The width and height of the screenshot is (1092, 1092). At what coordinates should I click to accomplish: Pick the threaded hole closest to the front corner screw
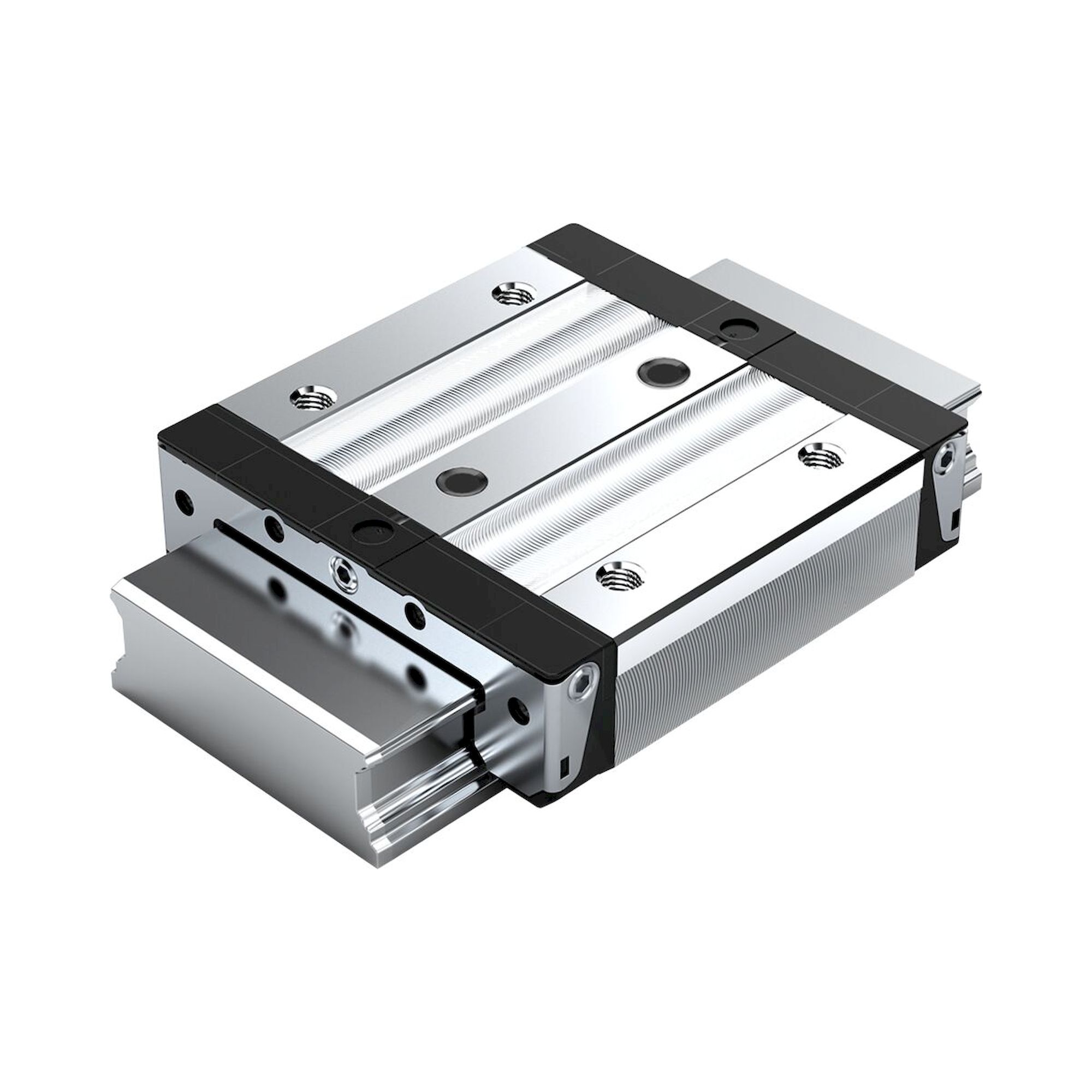616,594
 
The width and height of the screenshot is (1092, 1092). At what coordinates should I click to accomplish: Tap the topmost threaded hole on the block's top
511,294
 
